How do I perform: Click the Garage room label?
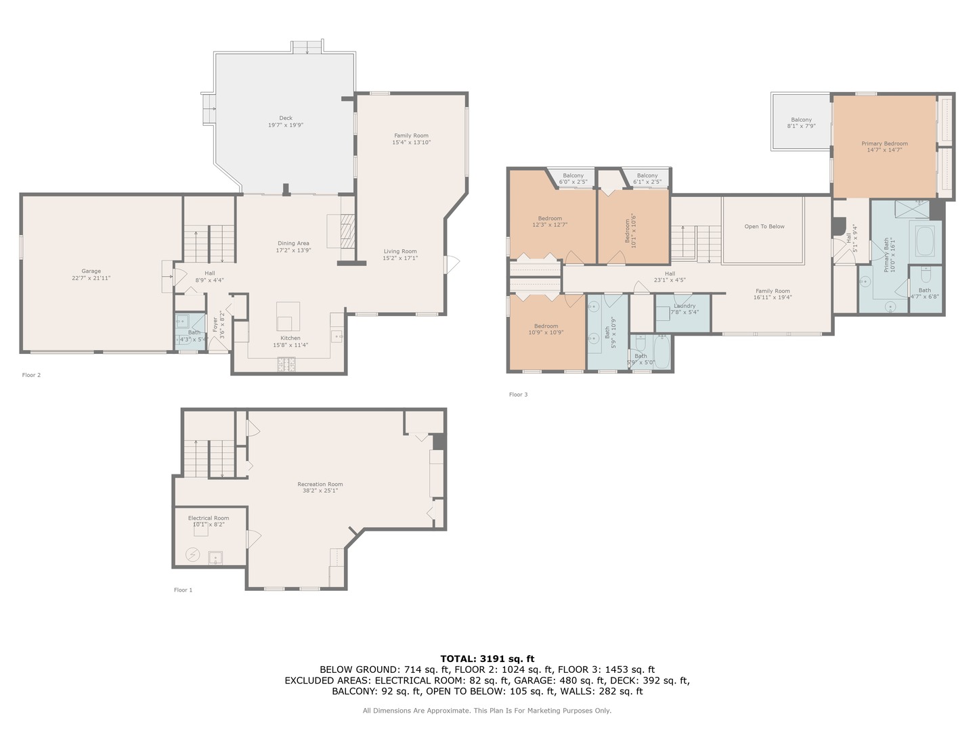click(x=91, y=271)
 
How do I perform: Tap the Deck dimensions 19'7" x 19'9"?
click(x=286, y=125)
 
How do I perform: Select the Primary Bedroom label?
click(x=884, y=143)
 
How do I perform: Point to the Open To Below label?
click(x=764, y=227)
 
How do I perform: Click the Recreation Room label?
click(x=320, y=484)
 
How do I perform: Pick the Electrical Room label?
click(x=209, y=518)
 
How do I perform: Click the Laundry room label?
click(x=685, y=306)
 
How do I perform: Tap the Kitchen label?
click(x=290, y=338)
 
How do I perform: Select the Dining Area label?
click(x=293, y=243)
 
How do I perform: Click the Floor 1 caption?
click(x=183, y=590)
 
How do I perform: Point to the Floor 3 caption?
click(x=518, y=395)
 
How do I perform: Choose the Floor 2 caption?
click(x=31, y=375)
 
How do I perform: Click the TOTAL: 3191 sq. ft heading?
click(x=487, y=658)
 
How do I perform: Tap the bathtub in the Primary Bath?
click(x=925, y=242)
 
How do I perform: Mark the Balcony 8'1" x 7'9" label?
click(x=801, y=123)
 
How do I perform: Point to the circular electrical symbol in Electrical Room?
click(x=193, y=555)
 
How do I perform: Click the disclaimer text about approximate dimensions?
click(x=487, y=711)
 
